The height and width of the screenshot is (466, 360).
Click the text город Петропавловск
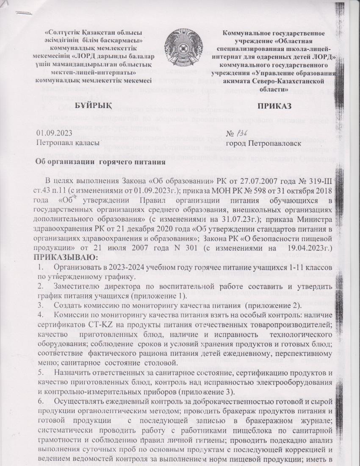click(264, 144)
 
